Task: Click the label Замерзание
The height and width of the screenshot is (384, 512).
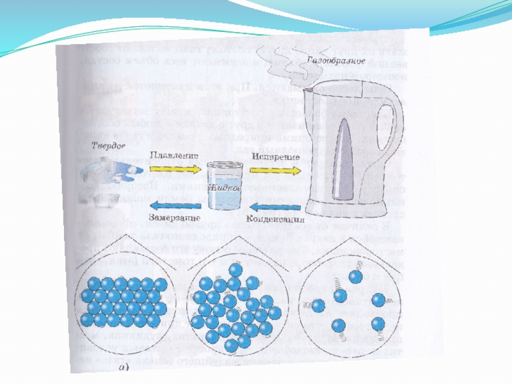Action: (x=170, y=220)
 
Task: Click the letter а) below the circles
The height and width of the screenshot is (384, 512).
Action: (x=122, y=368)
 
